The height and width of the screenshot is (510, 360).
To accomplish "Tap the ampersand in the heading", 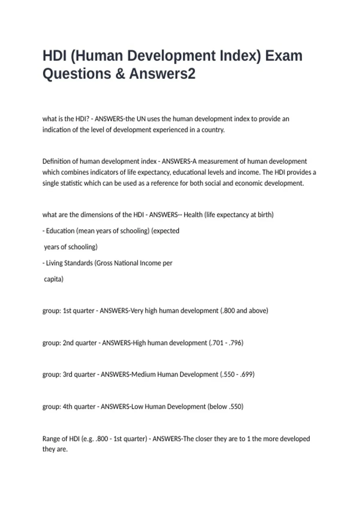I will click(x=120, y=74).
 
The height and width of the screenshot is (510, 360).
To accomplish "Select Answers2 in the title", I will click(x=162, y=74).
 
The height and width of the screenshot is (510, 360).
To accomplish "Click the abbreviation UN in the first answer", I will click(x=141, y=119).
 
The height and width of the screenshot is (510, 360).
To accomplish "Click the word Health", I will click(x=193, y=215).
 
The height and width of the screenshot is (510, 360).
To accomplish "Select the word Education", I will click(x=60, y=231).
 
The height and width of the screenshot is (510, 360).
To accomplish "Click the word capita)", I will click(x=54, y=279).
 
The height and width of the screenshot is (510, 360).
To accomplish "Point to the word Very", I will click(x=137, y=311).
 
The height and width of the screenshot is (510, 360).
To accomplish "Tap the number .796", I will click(x=236, y=343).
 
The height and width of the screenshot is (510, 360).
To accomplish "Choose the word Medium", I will click(x=144, y=375).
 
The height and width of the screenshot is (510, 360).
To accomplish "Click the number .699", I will click(x=247, y=375).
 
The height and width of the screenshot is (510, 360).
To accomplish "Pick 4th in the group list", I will click(x=67, y=407).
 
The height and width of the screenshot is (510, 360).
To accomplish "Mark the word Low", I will click(x=137, y=407).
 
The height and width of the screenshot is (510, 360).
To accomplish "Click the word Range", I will click(x=51, y=439).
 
